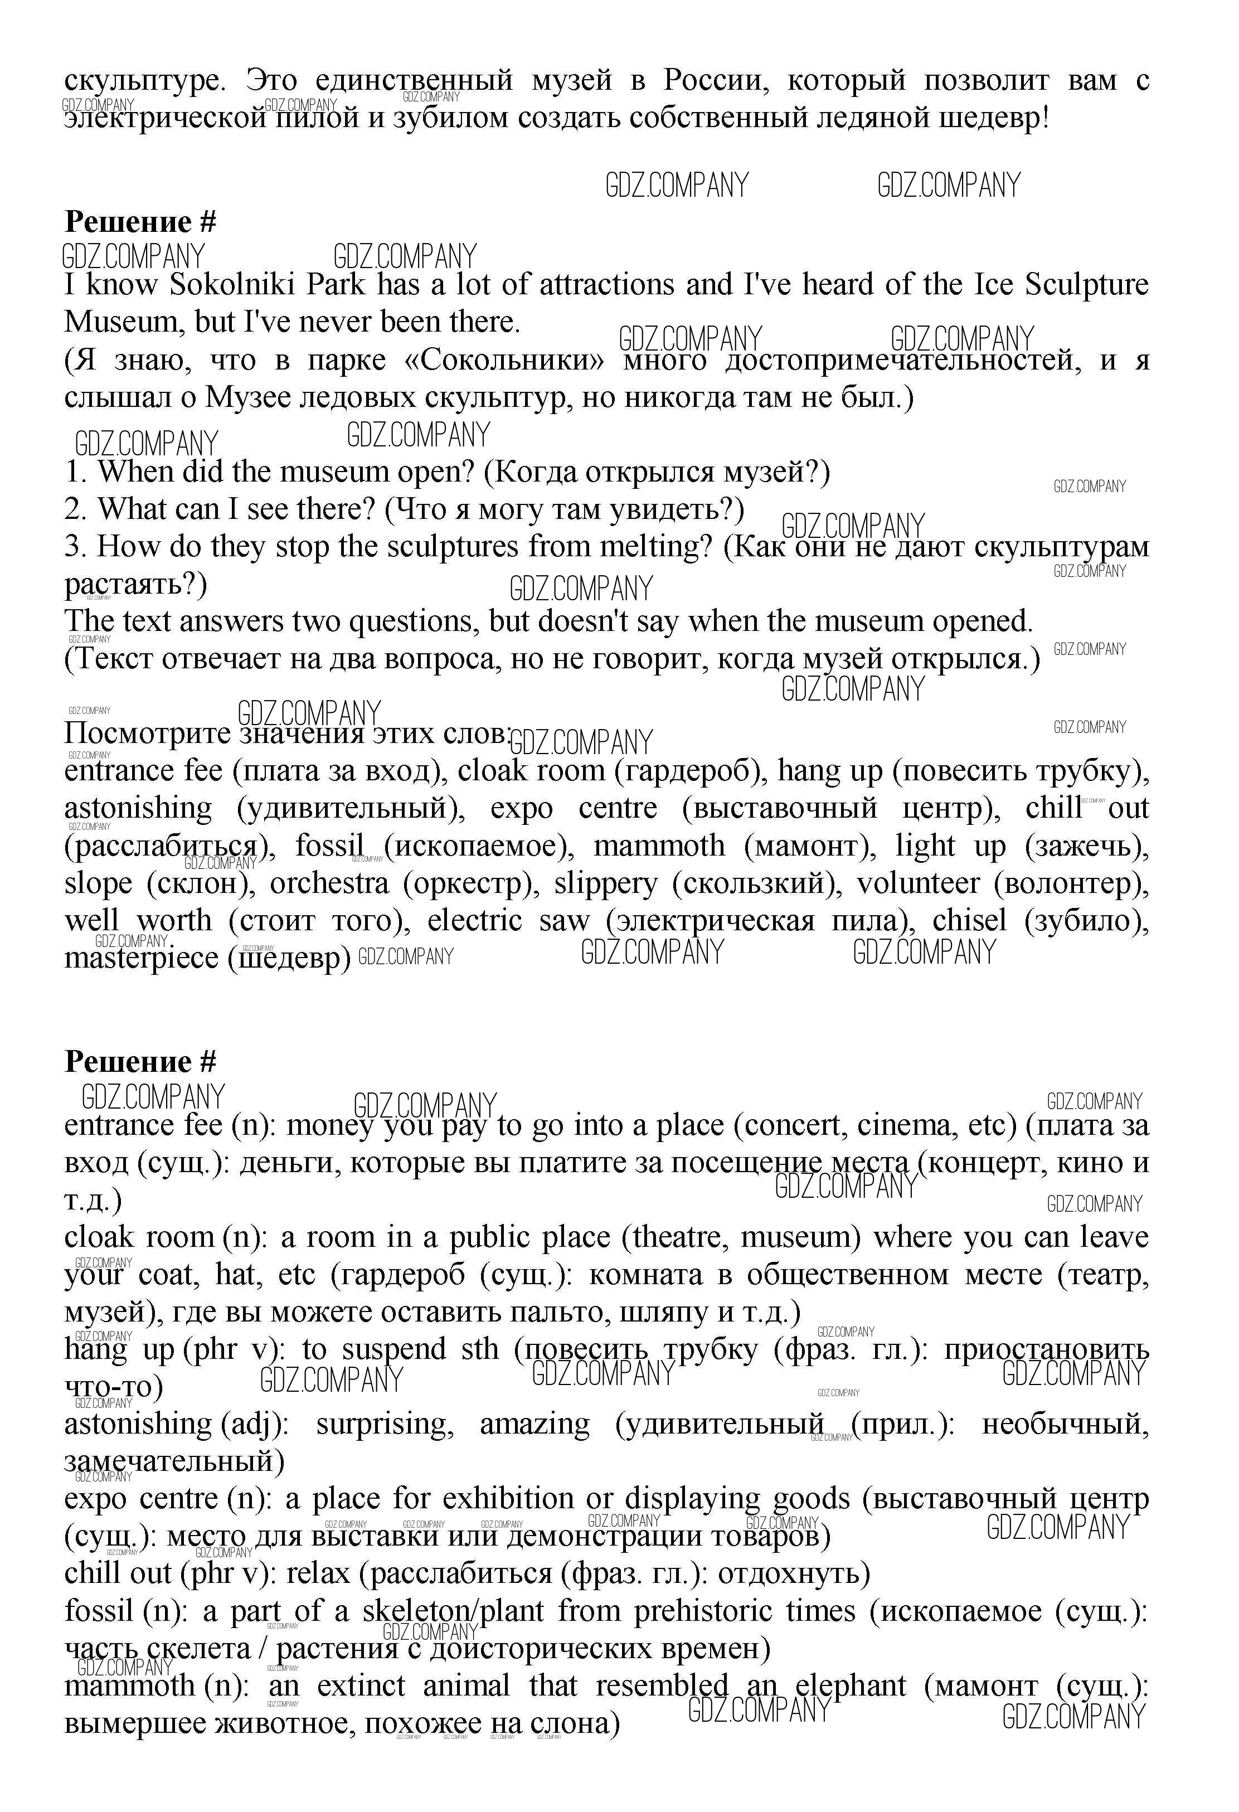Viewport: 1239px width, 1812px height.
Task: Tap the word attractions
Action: pos(606,285)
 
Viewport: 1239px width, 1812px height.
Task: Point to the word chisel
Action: pos(969,921)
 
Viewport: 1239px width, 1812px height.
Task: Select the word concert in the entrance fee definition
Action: pos(789,1126)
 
